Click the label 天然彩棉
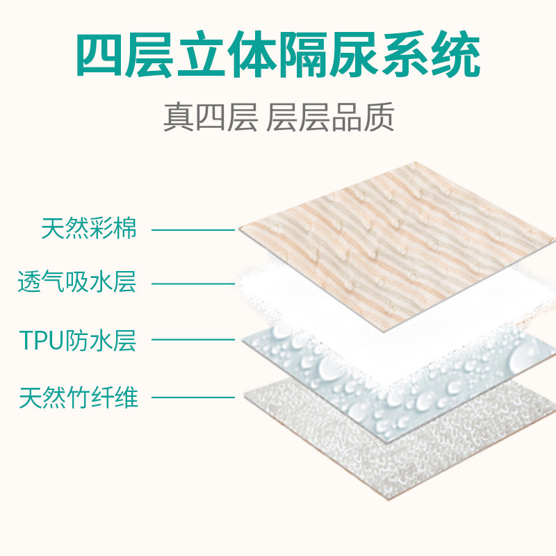tap(89, 228)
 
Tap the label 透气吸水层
tap(77, 284)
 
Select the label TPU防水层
tap(77, 341)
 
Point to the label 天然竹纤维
tap(79, 398)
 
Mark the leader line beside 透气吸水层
tap(193, 284)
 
